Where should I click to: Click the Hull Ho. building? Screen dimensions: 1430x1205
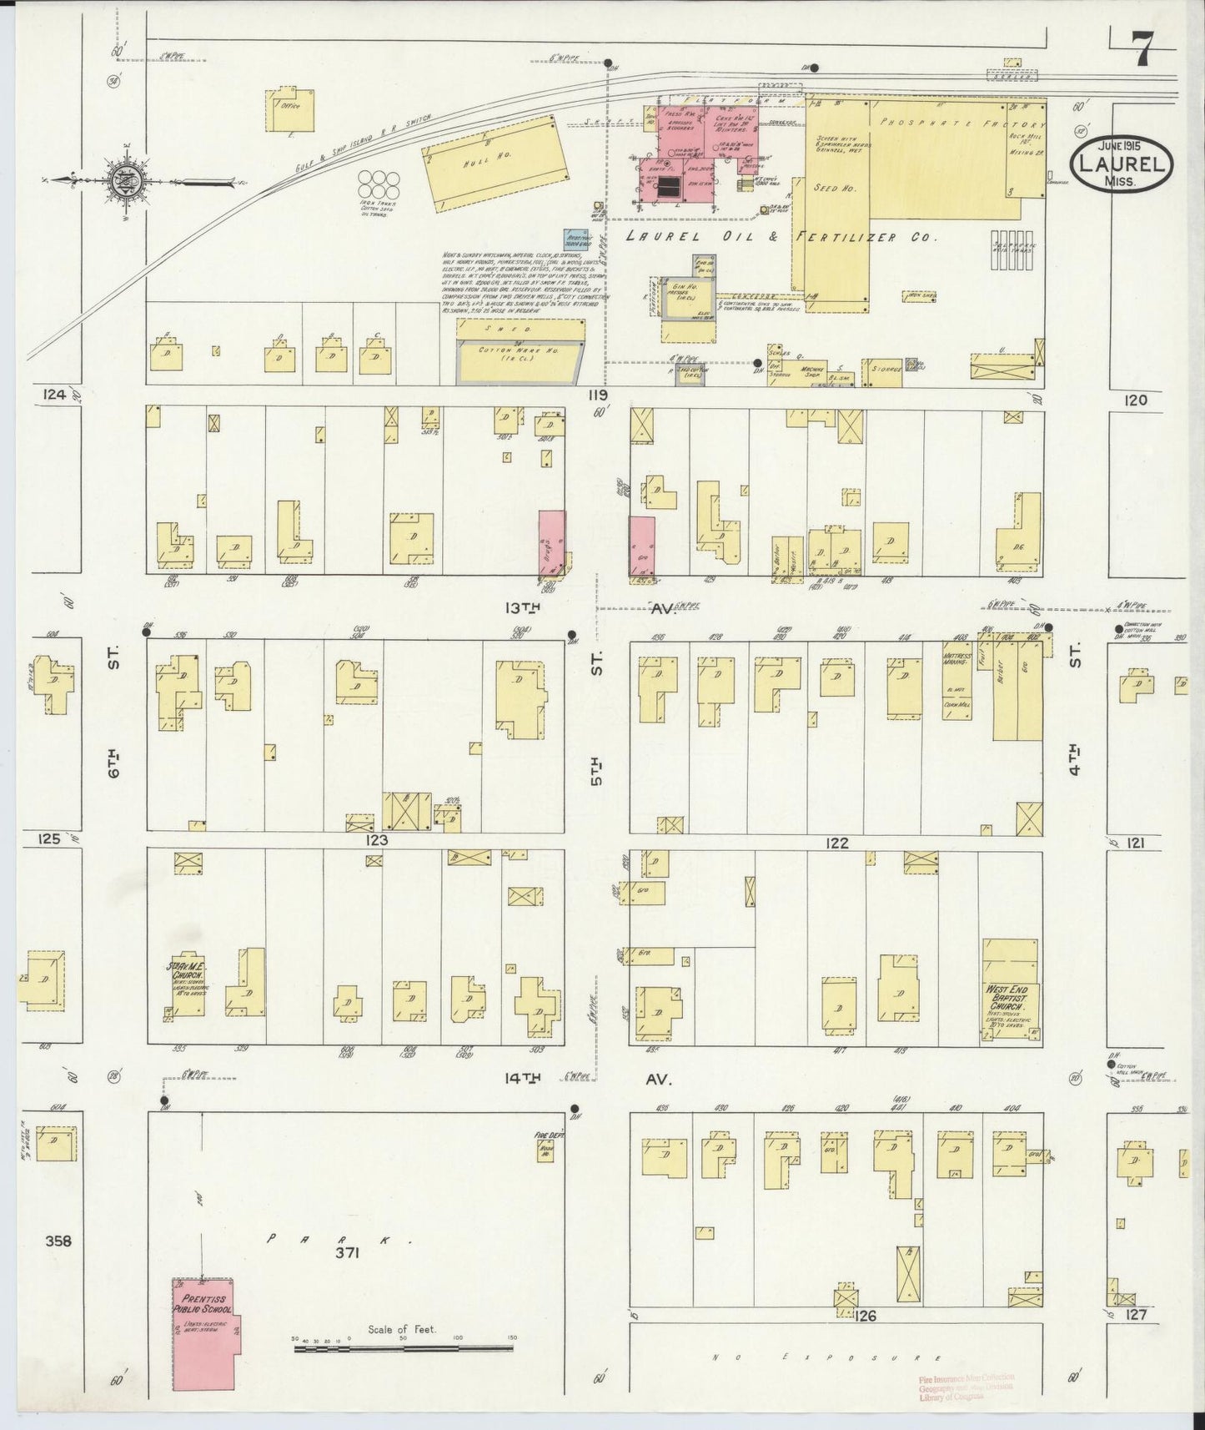pos(490,160)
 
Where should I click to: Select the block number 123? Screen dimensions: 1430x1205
pos(376,840)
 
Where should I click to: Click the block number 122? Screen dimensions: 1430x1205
pos(836,843)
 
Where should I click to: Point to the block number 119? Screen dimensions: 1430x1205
pos(597,395)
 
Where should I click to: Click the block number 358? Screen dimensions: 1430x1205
pos(59,1241)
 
